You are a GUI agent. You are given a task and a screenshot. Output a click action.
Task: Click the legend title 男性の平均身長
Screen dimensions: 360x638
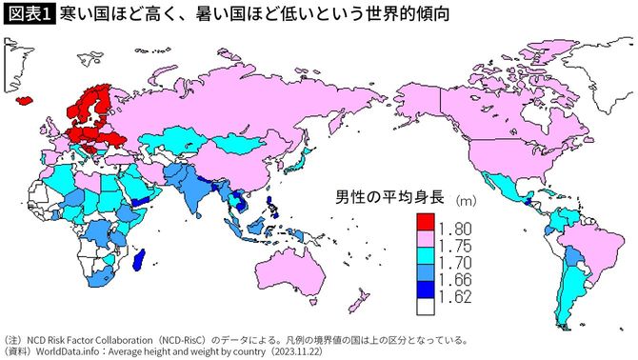[390, 199]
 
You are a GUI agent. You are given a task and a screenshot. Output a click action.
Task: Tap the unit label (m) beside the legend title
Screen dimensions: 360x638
[465, 200]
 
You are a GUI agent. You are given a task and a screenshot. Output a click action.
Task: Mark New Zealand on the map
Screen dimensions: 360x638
[359, 303]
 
